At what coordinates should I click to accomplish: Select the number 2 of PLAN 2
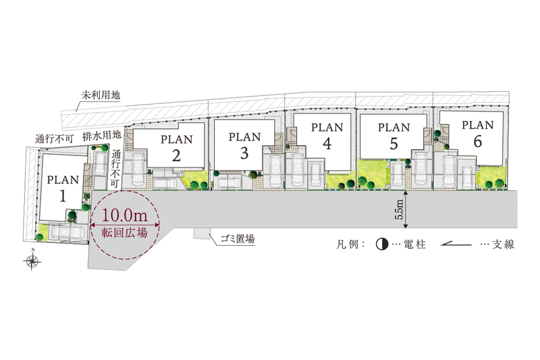point(176,155)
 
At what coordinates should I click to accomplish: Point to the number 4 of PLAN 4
point(327,143)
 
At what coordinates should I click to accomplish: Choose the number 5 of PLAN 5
point(394,143)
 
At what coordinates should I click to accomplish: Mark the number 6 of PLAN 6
point(478,141)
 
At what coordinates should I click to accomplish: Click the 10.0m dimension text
point(124,215)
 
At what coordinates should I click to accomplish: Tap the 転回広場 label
point(124,232)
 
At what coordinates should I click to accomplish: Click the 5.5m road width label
point(400,210)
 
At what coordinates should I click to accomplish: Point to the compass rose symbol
point(32,261)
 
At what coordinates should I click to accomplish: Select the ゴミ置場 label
point(238,238)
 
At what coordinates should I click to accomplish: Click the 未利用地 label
point(101,95)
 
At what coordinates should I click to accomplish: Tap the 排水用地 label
point(102,135)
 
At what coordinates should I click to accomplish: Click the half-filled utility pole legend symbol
point(381,245)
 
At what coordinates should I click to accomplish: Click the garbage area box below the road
point(201,233)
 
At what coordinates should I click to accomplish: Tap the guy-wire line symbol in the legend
point(456,245)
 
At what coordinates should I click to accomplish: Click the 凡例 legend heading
point(347,245)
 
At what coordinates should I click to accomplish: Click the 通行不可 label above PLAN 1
point(55,139)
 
